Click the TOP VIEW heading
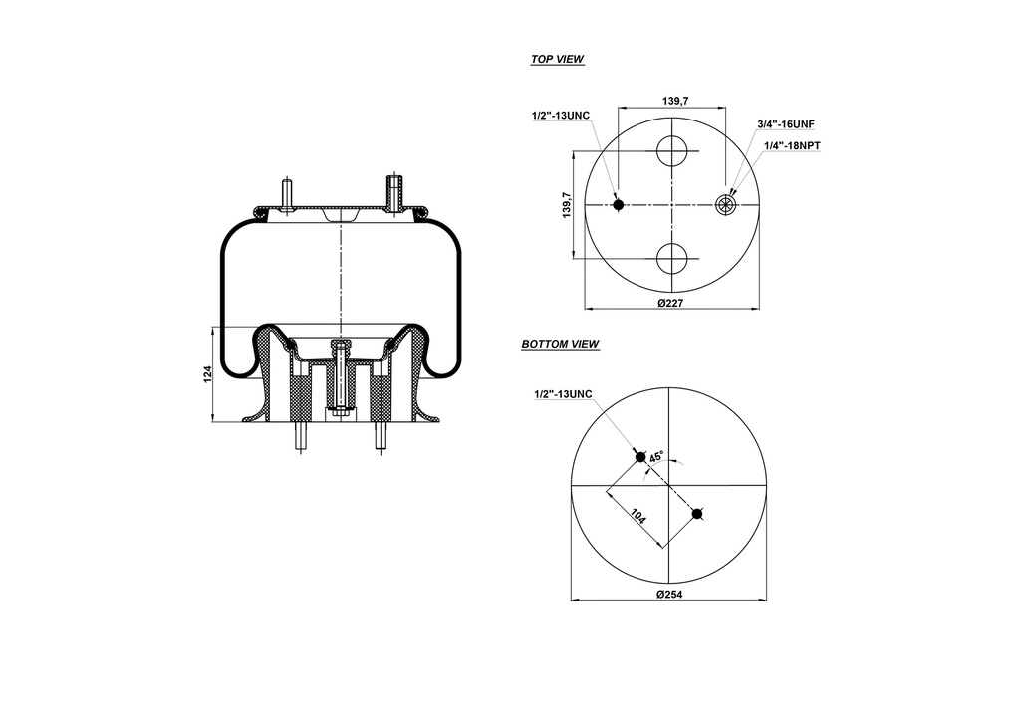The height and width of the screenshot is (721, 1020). [x=557, y=60]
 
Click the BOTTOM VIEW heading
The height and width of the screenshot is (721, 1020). [x=560, y=345]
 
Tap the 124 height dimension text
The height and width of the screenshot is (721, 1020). [x=207, y=375]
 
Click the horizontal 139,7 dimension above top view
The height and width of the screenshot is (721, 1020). [x=675, y=101]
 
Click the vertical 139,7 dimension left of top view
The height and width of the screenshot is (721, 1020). [x=566, y=206]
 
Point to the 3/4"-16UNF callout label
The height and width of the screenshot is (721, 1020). [x=786, y=124]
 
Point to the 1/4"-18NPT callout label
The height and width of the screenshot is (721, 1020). [x=792, y=145]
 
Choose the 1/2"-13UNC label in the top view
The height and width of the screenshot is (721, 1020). [x=561, y=116]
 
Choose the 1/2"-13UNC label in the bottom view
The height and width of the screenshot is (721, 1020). [x=563, y=394]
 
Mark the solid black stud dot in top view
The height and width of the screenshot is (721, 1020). [x=619, y=205]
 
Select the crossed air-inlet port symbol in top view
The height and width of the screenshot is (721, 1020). [x=726, y=205]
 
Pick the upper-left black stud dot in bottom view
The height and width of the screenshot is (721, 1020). [x=641, y=456]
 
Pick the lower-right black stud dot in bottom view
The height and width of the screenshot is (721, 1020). [x=698, y=514]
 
